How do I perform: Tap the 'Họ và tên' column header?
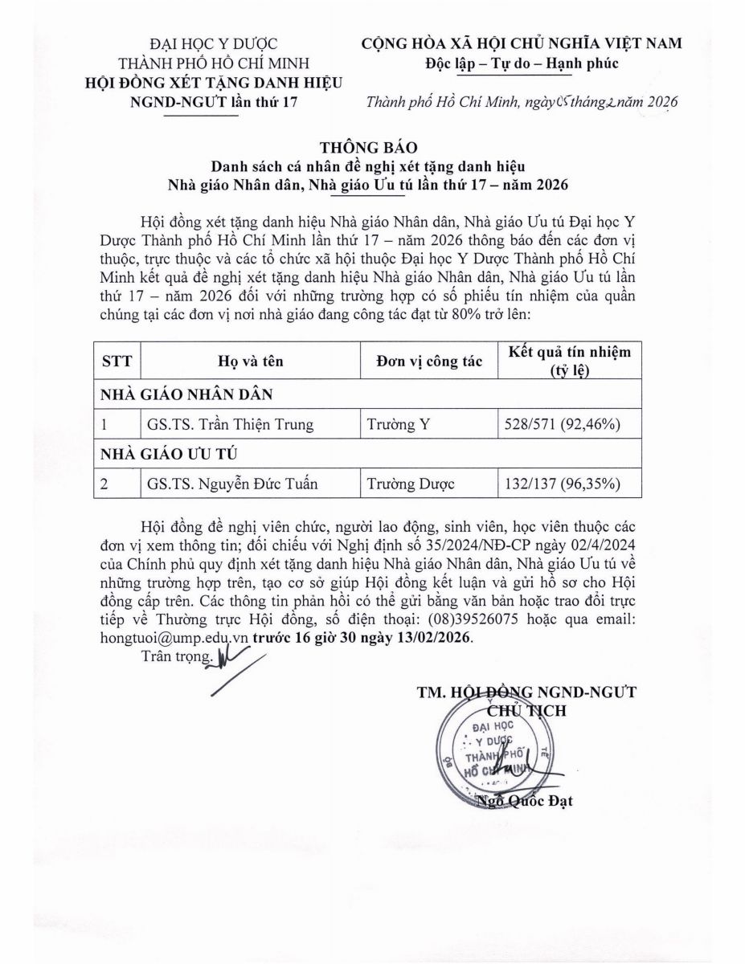(x=249, y=361)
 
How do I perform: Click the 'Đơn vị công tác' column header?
(x=428, y=361)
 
